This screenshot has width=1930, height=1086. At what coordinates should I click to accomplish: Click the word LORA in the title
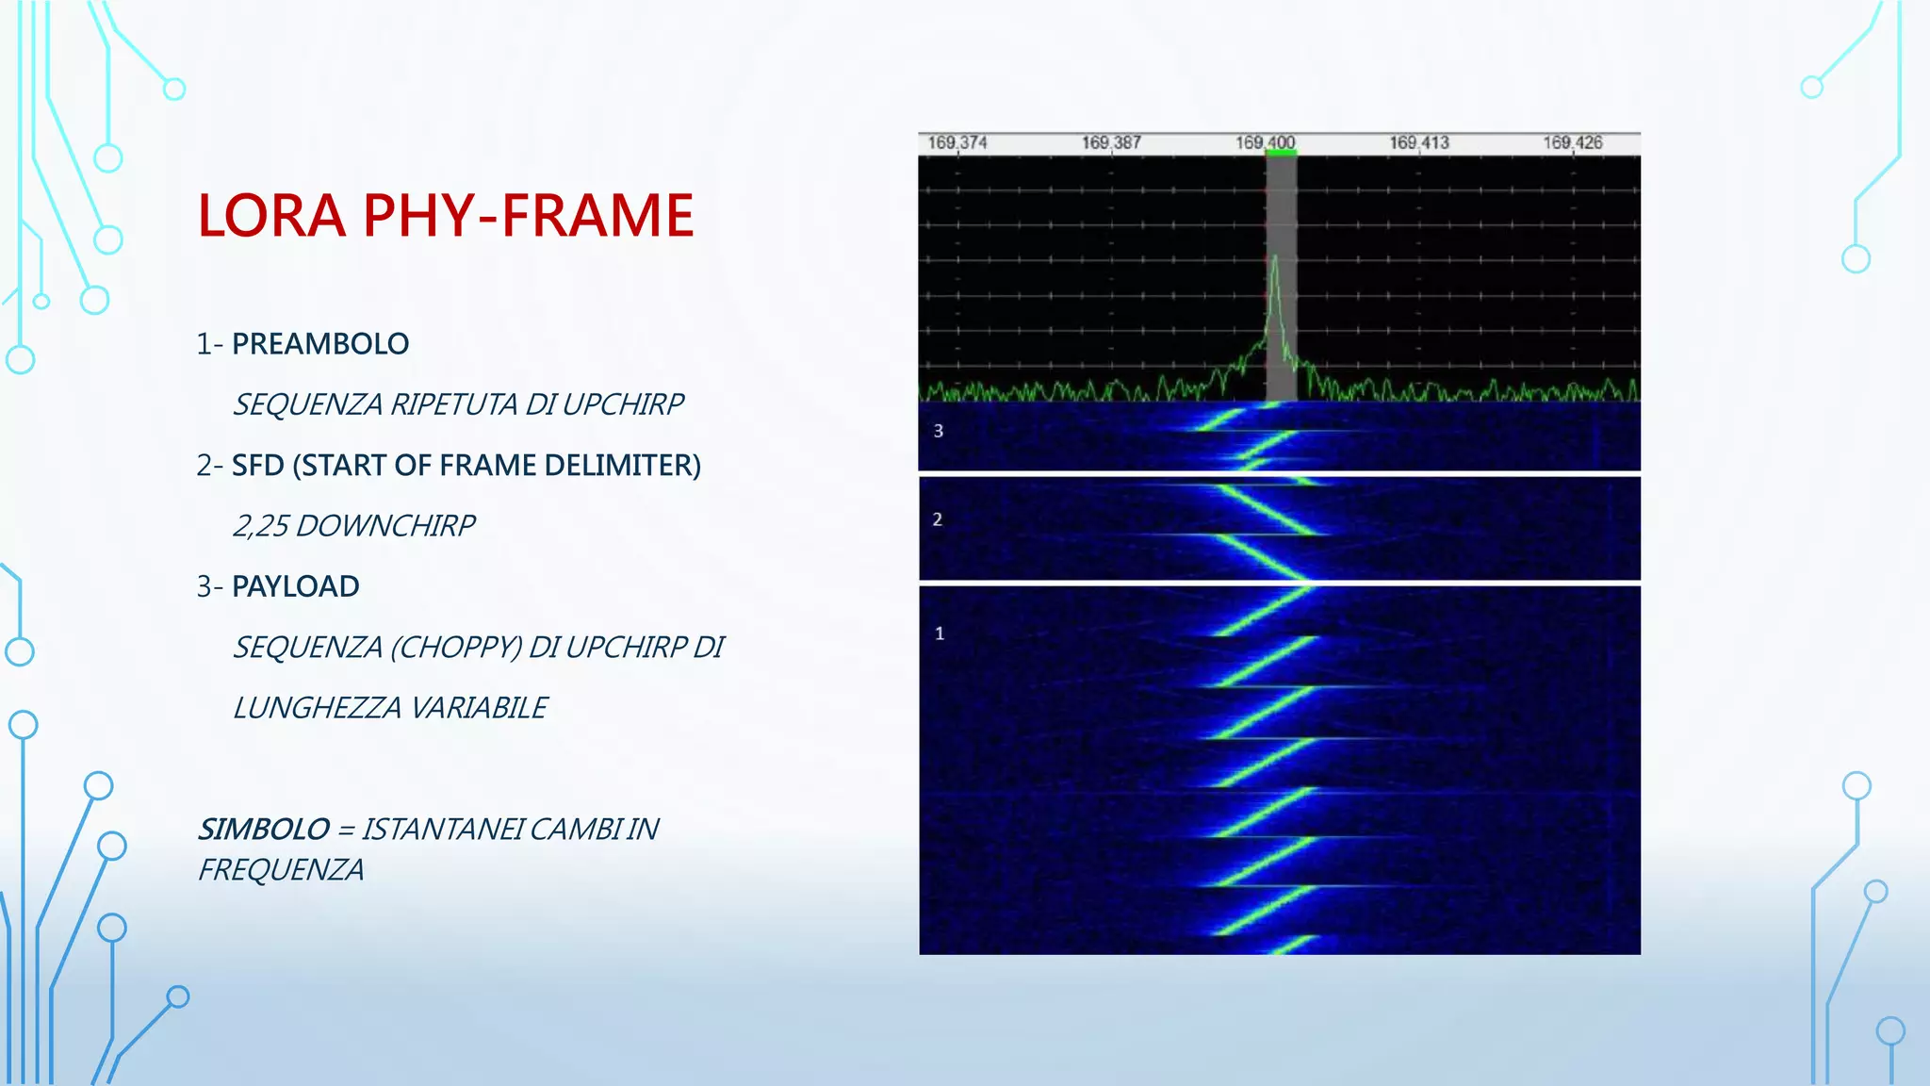click(x=271, y=215)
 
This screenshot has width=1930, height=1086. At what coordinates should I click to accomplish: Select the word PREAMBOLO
click(x=320, y=344)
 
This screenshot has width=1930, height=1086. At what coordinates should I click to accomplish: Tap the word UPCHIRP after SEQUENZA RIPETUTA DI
click(x=622, y=404)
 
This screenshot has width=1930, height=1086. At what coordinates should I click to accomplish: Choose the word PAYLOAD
click(x=295, y=586)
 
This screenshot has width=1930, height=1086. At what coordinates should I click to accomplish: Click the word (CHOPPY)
click(x=455, y=648)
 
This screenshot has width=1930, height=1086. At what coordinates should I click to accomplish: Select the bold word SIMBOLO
click(x=263, y=830)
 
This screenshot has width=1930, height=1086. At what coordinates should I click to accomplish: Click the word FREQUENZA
click(x=281, y=870)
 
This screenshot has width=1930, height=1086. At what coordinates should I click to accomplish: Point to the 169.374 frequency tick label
click(x=957, y=142)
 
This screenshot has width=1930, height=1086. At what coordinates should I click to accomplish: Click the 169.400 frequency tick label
click(x=1265, y=142)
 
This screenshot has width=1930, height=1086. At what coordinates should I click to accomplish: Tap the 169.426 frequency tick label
click(x=1572, y=142)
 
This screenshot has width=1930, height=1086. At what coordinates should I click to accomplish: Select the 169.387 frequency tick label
click(x=1111, y=142)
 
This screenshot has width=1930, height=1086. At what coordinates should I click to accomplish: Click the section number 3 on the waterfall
click(x=938, y=431)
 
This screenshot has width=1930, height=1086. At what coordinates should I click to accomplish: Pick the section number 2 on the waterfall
click(x=937, y=519)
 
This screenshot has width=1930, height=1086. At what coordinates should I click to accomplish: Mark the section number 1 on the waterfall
click(x=939, y=633)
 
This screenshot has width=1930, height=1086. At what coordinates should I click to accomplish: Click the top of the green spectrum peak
click(x=1275, y=257)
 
